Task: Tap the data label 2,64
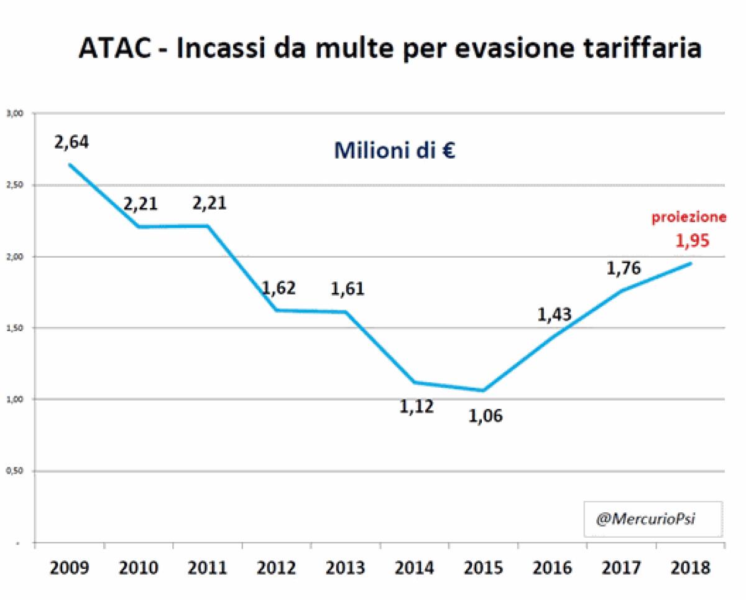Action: tap(71, 142)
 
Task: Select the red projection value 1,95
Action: tap(692, 241)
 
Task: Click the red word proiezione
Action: tap(689, 217)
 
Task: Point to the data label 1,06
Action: tap(485, 415)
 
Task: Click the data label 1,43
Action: tap(555, 315)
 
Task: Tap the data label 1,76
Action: tap(624, 268)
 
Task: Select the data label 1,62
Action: tap(279, 288)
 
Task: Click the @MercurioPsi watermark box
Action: tap(652, 518)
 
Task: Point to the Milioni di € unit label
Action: tap(395, 151)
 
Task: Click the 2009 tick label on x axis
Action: tap(70, 568)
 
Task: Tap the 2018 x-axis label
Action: tap(691, 568)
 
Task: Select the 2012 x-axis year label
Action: tap(277, 568)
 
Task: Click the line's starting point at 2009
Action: tap(70, 165)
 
